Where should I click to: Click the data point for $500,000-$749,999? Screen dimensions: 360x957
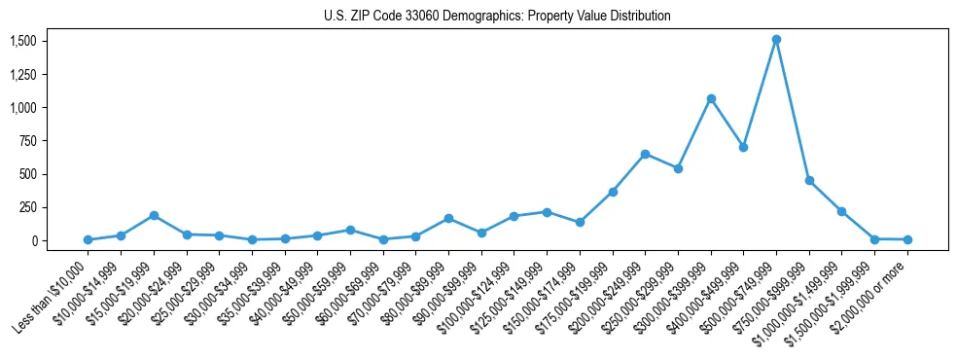[x=776, y=40]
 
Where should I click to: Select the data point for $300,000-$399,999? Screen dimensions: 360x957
[x=711, y=98]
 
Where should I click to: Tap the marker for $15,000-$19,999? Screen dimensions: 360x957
[x=154, y=215]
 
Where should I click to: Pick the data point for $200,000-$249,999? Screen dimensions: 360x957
[x=645, y=154]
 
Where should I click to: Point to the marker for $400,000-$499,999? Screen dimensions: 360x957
[x=743, y=147]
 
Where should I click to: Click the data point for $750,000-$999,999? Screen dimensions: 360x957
[x=809, y=180]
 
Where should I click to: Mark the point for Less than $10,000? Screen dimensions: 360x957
[x=88, y=239]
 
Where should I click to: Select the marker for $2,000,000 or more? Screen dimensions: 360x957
[x=907, y=239]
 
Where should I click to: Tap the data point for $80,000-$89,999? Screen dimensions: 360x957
[x=448, y=218]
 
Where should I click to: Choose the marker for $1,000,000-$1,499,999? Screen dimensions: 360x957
[x=841, y=211]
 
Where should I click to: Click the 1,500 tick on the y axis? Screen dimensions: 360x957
[x=23, y=41]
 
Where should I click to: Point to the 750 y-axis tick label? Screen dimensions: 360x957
[x=28, y=141]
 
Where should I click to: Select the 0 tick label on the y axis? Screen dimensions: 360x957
[x=33, y=241]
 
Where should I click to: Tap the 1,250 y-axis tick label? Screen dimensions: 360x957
[x=23, y=74]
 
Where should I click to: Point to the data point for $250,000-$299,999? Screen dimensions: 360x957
[x=678, y=168]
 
